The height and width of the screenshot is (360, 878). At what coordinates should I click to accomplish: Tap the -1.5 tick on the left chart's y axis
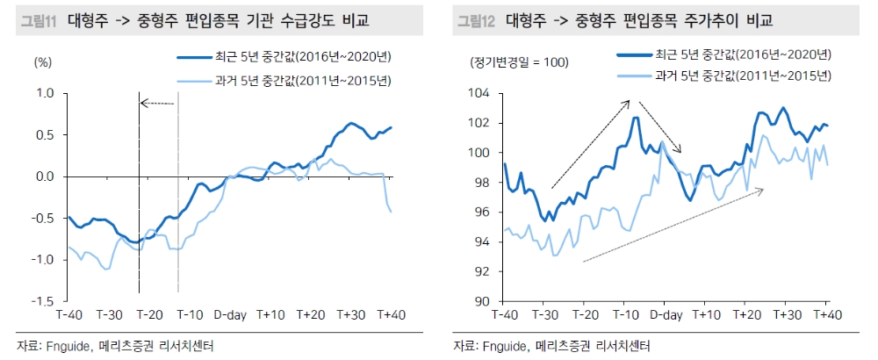pyautogui.click(x=43, y=300)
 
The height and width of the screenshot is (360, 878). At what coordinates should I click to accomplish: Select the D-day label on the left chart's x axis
pyautogui.click(x=229, y=314)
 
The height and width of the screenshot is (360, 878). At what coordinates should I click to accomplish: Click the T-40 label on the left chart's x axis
pyautogui.click(x=69, y=314)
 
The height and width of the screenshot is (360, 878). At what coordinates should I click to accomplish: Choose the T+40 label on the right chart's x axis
pyautogui.click(x=826, y=314)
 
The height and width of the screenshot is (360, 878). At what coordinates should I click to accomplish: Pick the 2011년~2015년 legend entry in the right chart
pyautogui.click(x=742, y=76)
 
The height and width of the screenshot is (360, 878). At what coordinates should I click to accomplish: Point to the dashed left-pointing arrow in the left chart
pyautogui.click(x=158, y=104)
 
